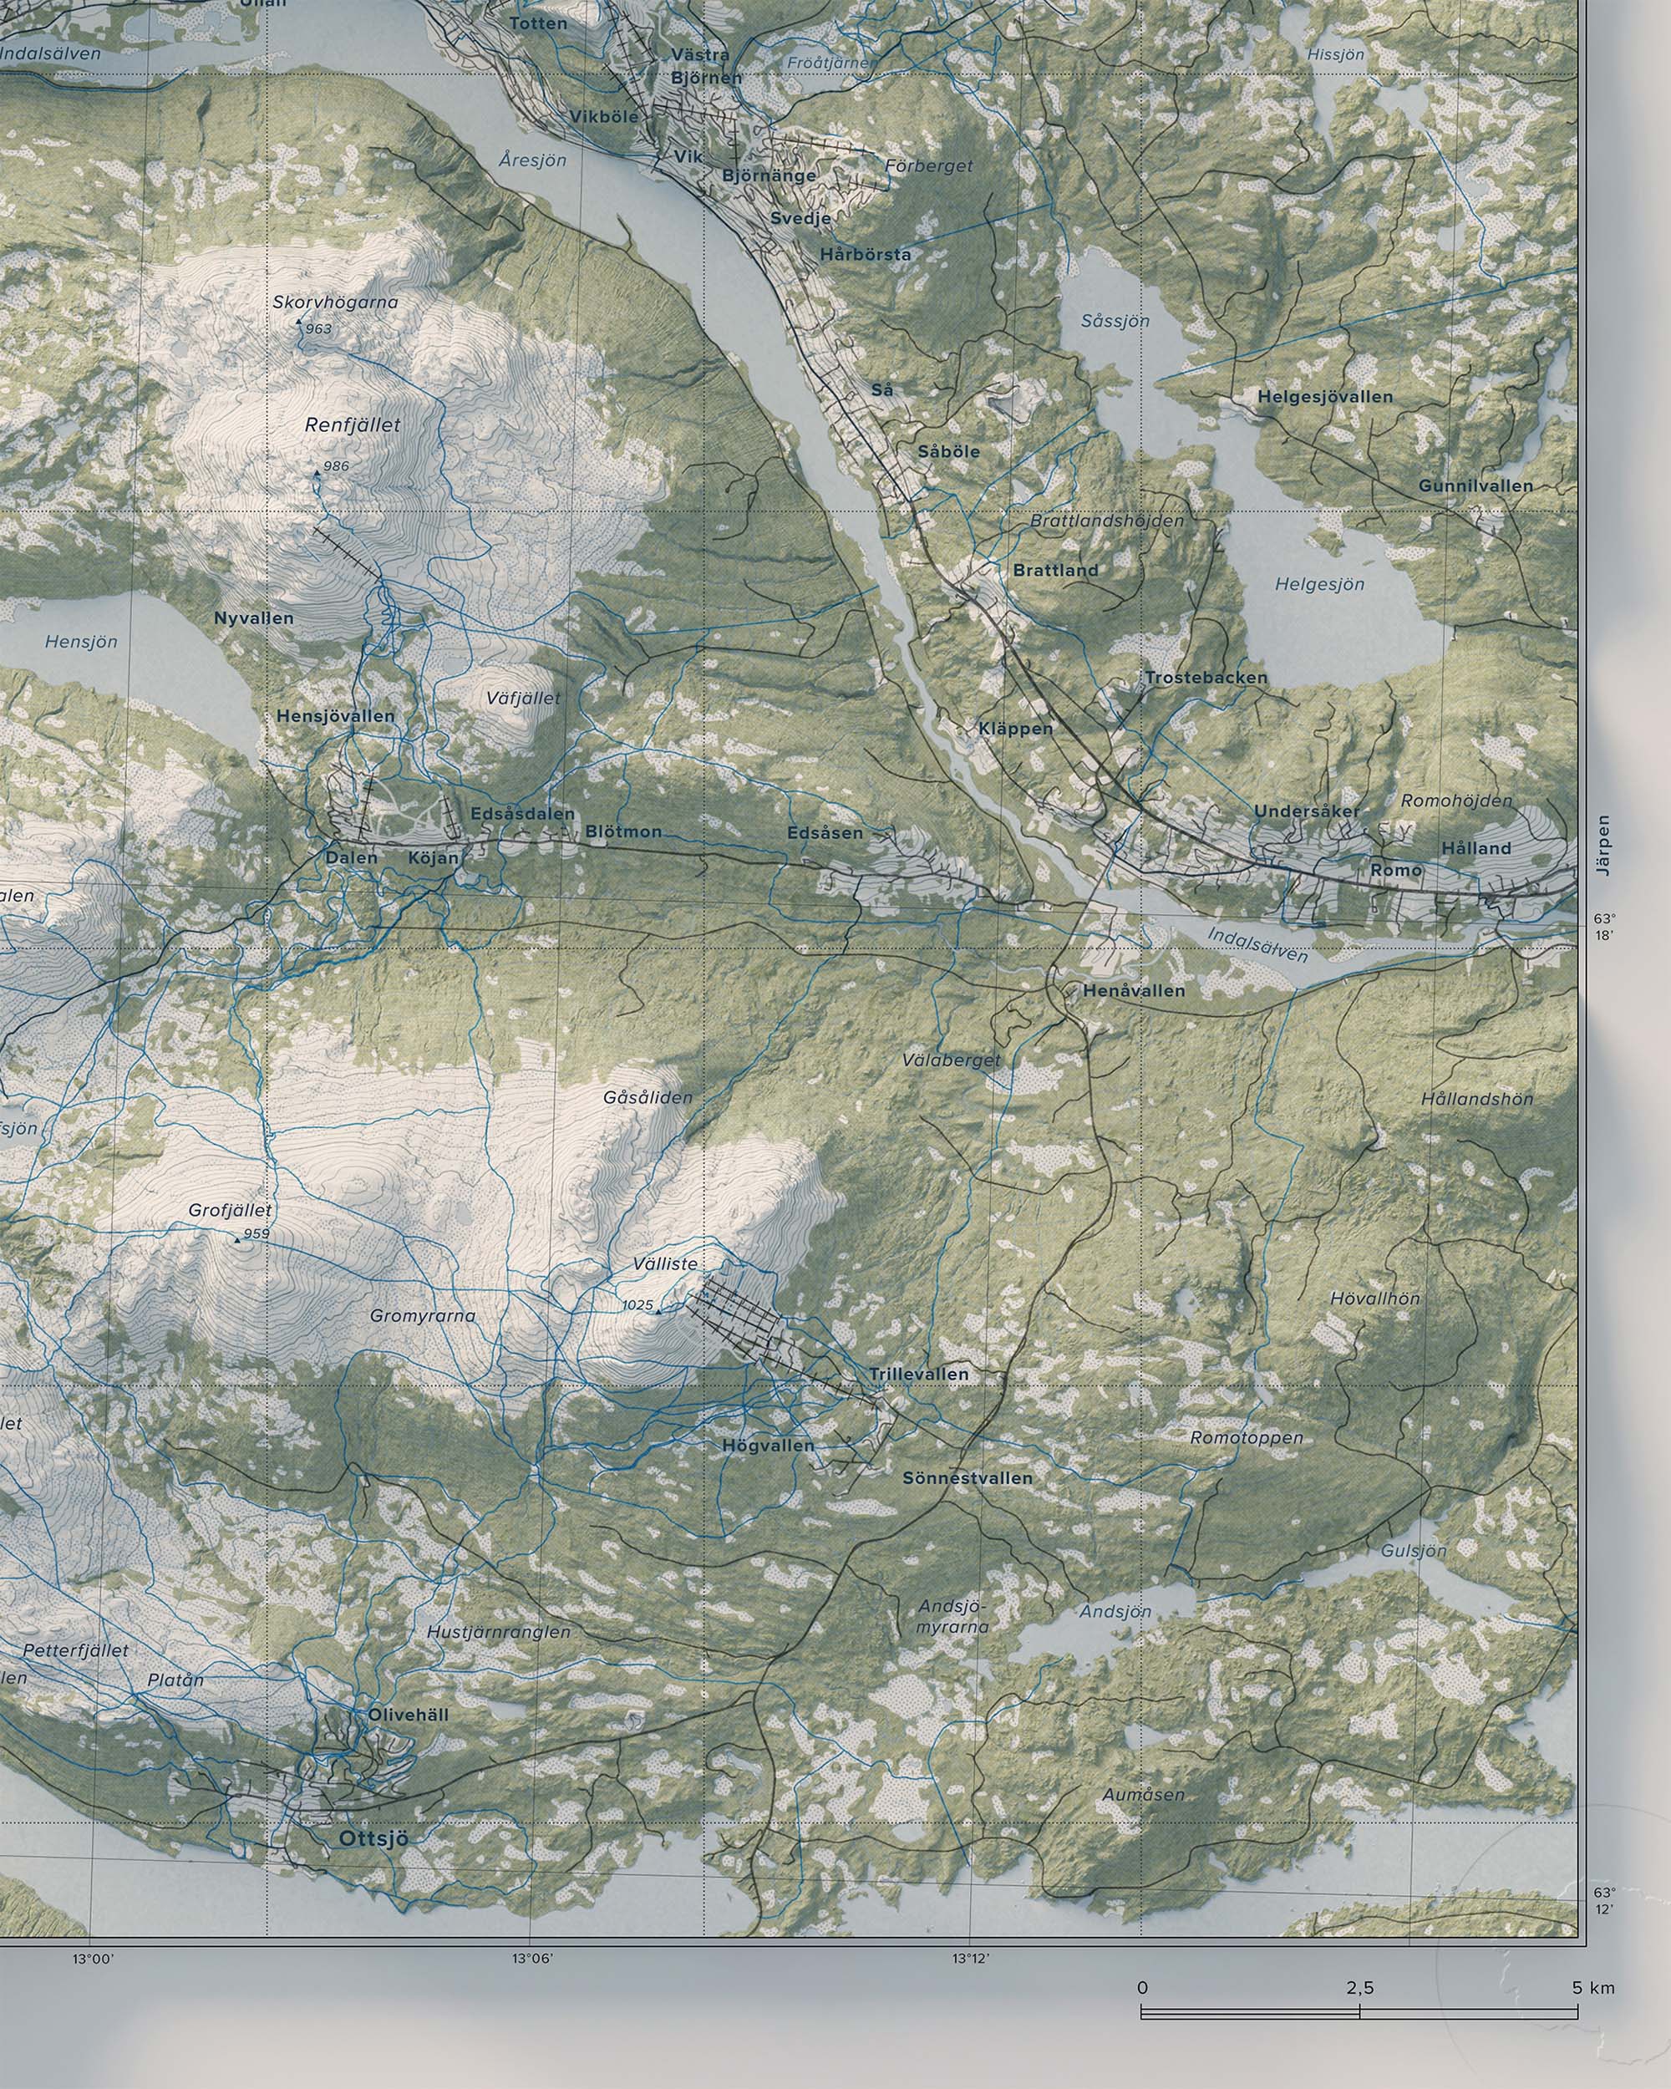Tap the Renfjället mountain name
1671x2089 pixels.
tap(352, 424)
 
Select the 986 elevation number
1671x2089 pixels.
tap(336, 466)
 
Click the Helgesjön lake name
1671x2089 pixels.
tap(1319, 584)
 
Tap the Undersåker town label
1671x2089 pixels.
tap(1307, 811)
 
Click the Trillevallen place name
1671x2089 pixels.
tap(918, 1374)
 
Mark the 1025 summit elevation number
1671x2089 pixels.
tap(637, 1305)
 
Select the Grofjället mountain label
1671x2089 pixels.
tap(231, 1210)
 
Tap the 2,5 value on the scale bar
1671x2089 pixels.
tap(1359, 2036)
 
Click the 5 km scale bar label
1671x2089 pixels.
tap(1593, 2036)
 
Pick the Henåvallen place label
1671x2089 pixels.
tap(1134, 991)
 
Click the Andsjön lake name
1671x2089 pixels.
tap(1115, 1611)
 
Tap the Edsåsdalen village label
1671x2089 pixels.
tap(522, 814)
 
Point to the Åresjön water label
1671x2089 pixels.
tap(533, 160)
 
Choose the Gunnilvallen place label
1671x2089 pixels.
tap(1475, 485)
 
